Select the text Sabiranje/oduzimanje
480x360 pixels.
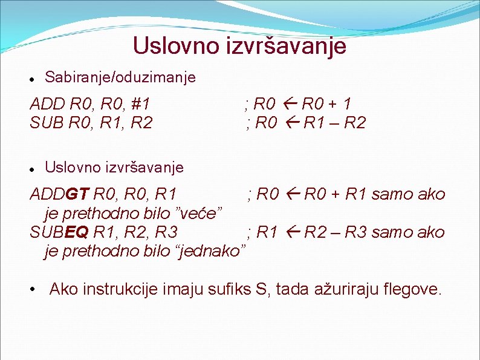(120, 77)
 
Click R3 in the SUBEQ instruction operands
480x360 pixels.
(166, 232)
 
